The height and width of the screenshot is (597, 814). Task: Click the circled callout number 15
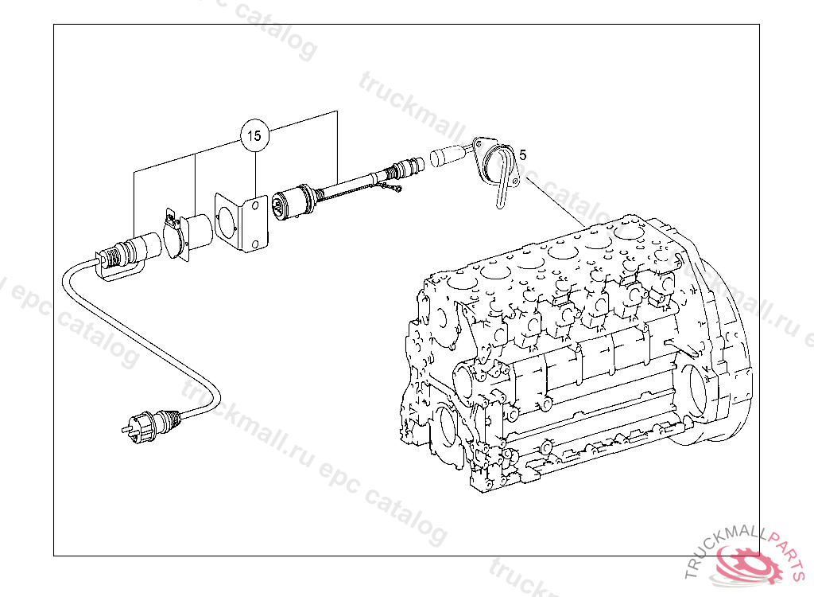[x=254, y=136]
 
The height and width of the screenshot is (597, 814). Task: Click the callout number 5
[x=524, y=152]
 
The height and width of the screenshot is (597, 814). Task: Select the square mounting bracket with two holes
[x=242, y=223]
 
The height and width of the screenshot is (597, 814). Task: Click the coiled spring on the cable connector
[x=116, y=254]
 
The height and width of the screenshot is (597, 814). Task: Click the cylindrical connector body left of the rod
[x=293, y=203]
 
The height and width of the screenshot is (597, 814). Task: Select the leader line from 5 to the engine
[x=556, y=202]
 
